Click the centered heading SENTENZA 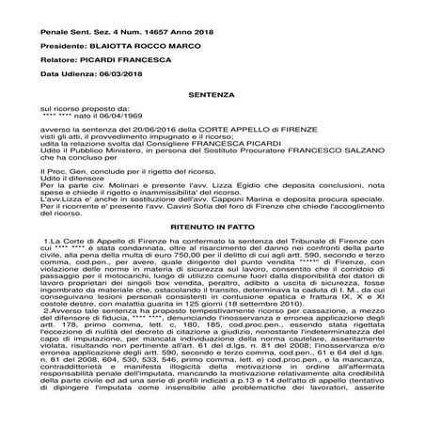point(212,96)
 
